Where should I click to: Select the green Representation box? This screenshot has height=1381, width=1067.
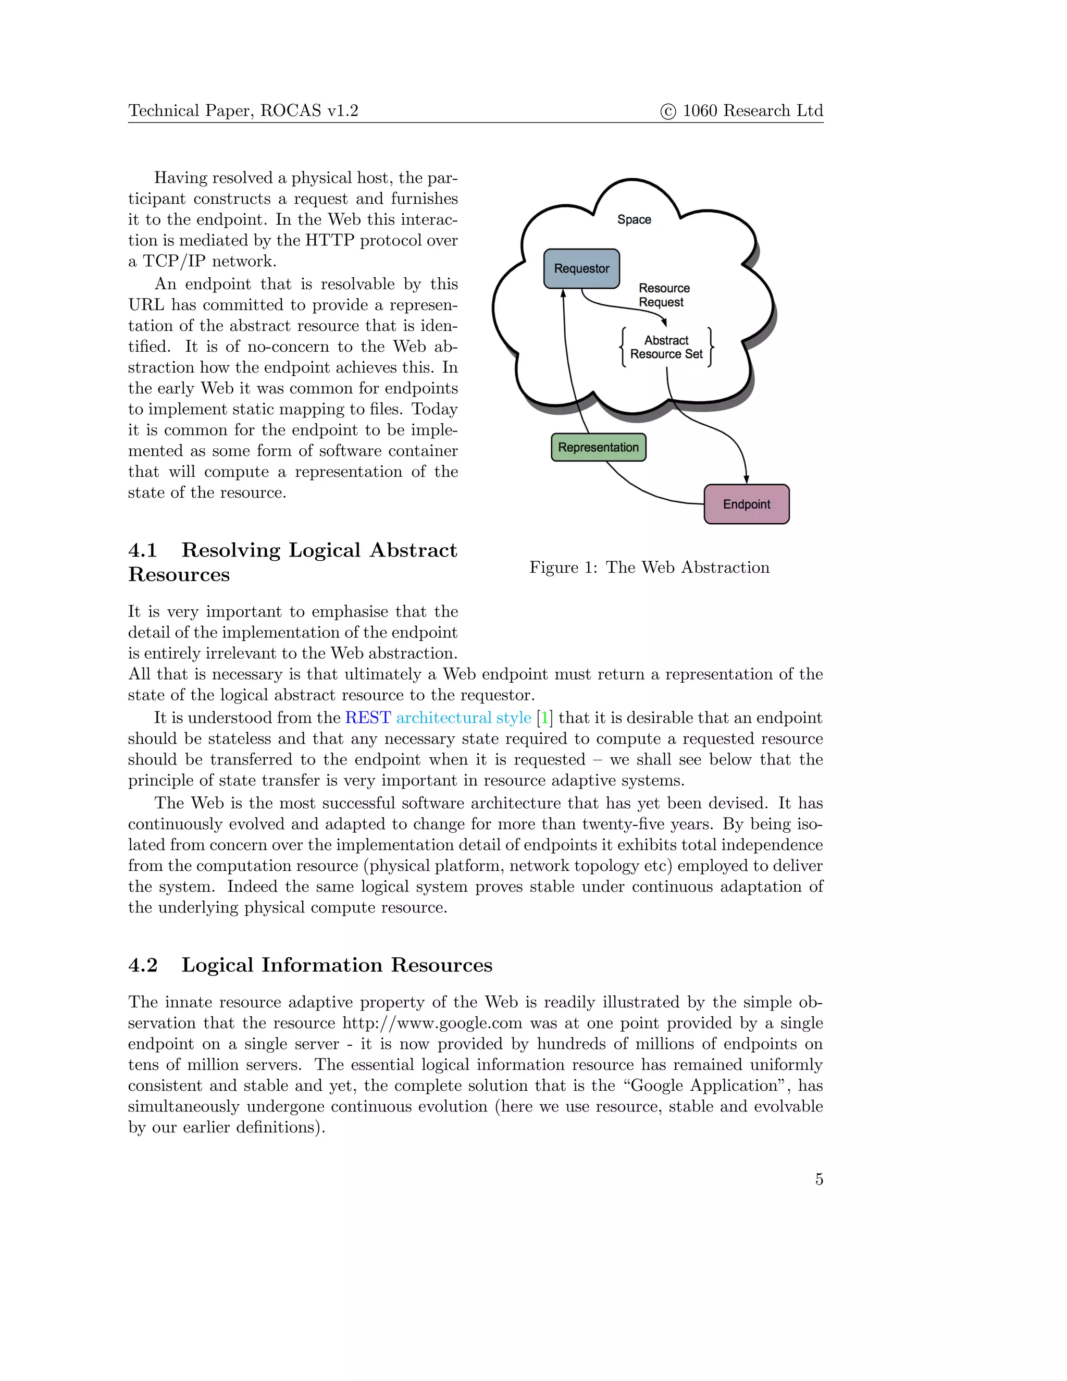[599, 448]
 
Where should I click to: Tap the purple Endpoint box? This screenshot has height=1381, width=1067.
[747, 504]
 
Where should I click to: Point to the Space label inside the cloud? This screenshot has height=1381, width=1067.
[634, 219]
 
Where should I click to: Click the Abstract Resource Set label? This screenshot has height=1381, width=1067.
[666, 347]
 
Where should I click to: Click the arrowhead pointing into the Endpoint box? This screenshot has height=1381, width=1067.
[747, 479]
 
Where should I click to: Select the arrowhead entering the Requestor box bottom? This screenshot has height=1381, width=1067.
[563, 293]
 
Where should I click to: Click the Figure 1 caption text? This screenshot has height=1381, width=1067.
[649, 567]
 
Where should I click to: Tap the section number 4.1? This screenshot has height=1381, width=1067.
[143, 550]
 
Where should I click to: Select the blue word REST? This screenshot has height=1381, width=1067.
[368, 718]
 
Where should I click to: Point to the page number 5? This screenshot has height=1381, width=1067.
[818, 1179]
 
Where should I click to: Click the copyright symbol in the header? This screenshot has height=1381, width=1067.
[668, 112]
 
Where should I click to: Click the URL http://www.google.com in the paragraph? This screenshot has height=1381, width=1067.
[432, 1023]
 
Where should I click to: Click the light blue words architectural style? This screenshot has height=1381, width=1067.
[463, 718]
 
